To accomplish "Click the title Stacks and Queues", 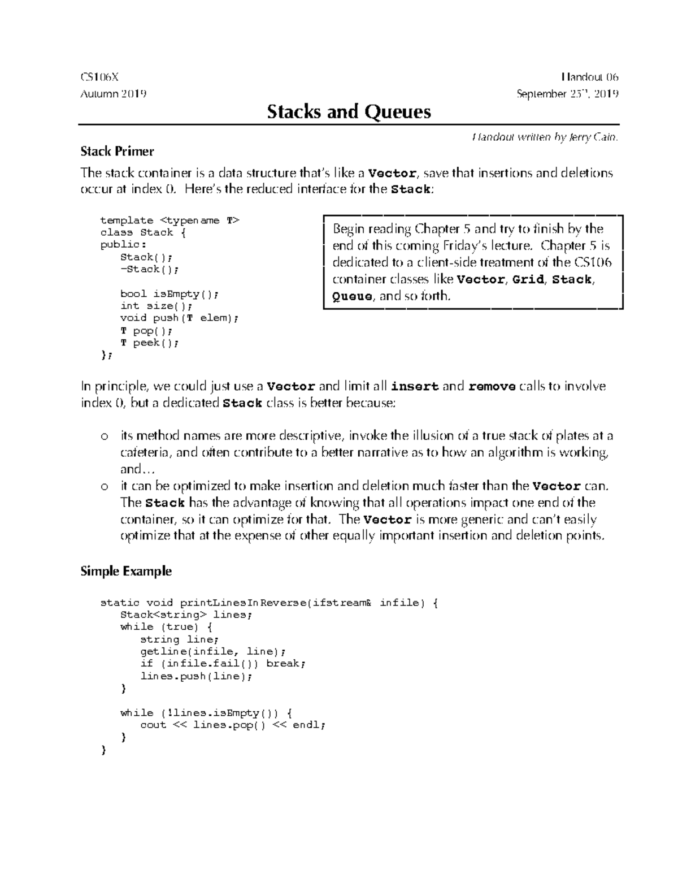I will (349, 111).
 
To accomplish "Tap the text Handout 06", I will (590, 77).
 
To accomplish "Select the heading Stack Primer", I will (117, 151).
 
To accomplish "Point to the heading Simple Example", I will (126, 571).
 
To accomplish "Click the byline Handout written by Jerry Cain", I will (545, 137).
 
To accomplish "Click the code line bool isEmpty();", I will (168, 294).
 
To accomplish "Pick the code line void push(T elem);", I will (180, 318).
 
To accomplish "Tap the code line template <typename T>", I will (169, 220).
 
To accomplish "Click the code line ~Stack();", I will (149, 270).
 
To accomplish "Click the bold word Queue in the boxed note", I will (352, 296).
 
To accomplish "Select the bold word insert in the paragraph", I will (415, 387).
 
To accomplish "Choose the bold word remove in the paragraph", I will (492, 387).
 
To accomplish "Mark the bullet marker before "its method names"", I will (103, 436).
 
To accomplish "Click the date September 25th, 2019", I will (567, 94).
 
